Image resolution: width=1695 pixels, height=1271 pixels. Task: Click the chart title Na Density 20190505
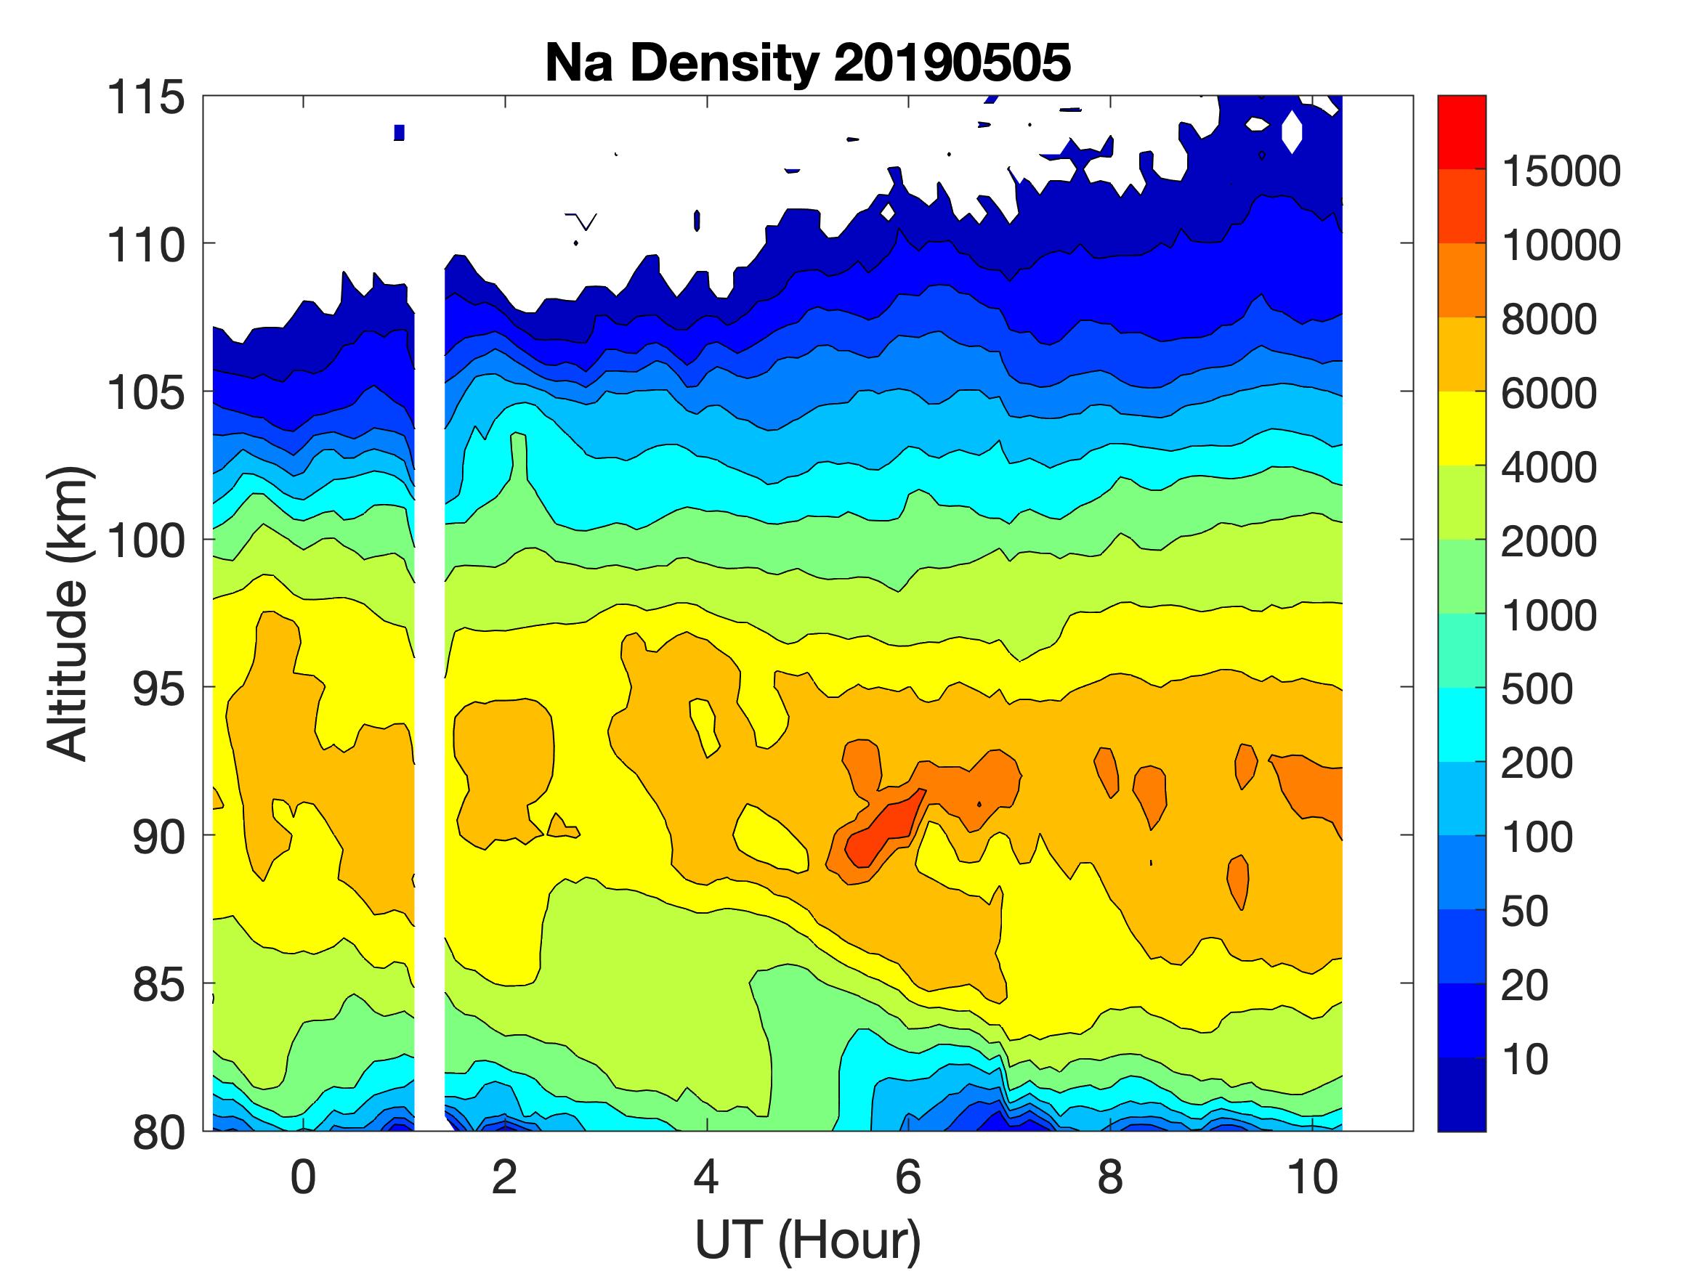[x=808, y=62]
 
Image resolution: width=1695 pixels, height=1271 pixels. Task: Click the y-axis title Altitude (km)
[x=68, y=613]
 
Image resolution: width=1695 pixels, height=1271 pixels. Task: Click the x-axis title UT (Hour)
[x=808, y=1240]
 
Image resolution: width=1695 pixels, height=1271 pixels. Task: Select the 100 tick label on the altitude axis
[x=145, y=541]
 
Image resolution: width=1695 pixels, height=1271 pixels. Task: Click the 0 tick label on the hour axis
[x=304, y=1177]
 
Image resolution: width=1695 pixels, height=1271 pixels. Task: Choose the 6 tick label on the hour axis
[x=908, y=1177]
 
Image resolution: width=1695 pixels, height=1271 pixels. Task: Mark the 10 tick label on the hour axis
[x=1313, y=1177]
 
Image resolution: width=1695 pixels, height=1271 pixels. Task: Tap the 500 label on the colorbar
[x=1537, y=689]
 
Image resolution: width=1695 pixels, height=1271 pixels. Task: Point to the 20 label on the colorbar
[x=1524, y=986]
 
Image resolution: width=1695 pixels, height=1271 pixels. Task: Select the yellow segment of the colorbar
[x=1461, y=429]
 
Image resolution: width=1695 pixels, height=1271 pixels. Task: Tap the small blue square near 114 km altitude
[x=398, y=132]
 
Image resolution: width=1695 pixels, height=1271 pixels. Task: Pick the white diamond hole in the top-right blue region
[x=1292, y=131]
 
